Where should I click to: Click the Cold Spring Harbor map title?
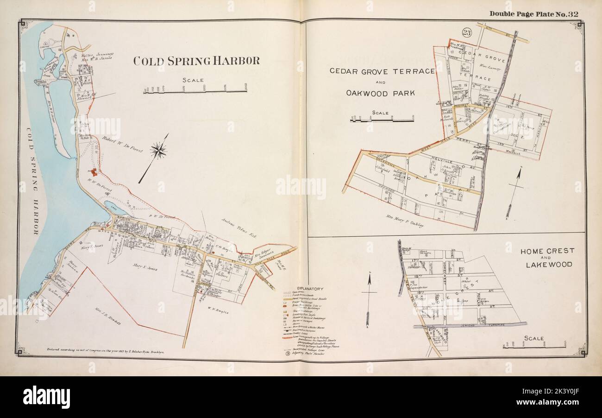coord(196,61)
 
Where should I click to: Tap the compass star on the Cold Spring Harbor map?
coord(158,151)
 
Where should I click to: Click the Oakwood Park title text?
coord(380,93)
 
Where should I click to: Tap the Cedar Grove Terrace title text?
coord(382,71)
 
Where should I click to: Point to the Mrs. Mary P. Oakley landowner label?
coord(404,220)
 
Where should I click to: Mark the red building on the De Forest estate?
coord(94,172)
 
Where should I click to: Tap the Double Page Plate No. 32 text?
coord(533,14)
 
